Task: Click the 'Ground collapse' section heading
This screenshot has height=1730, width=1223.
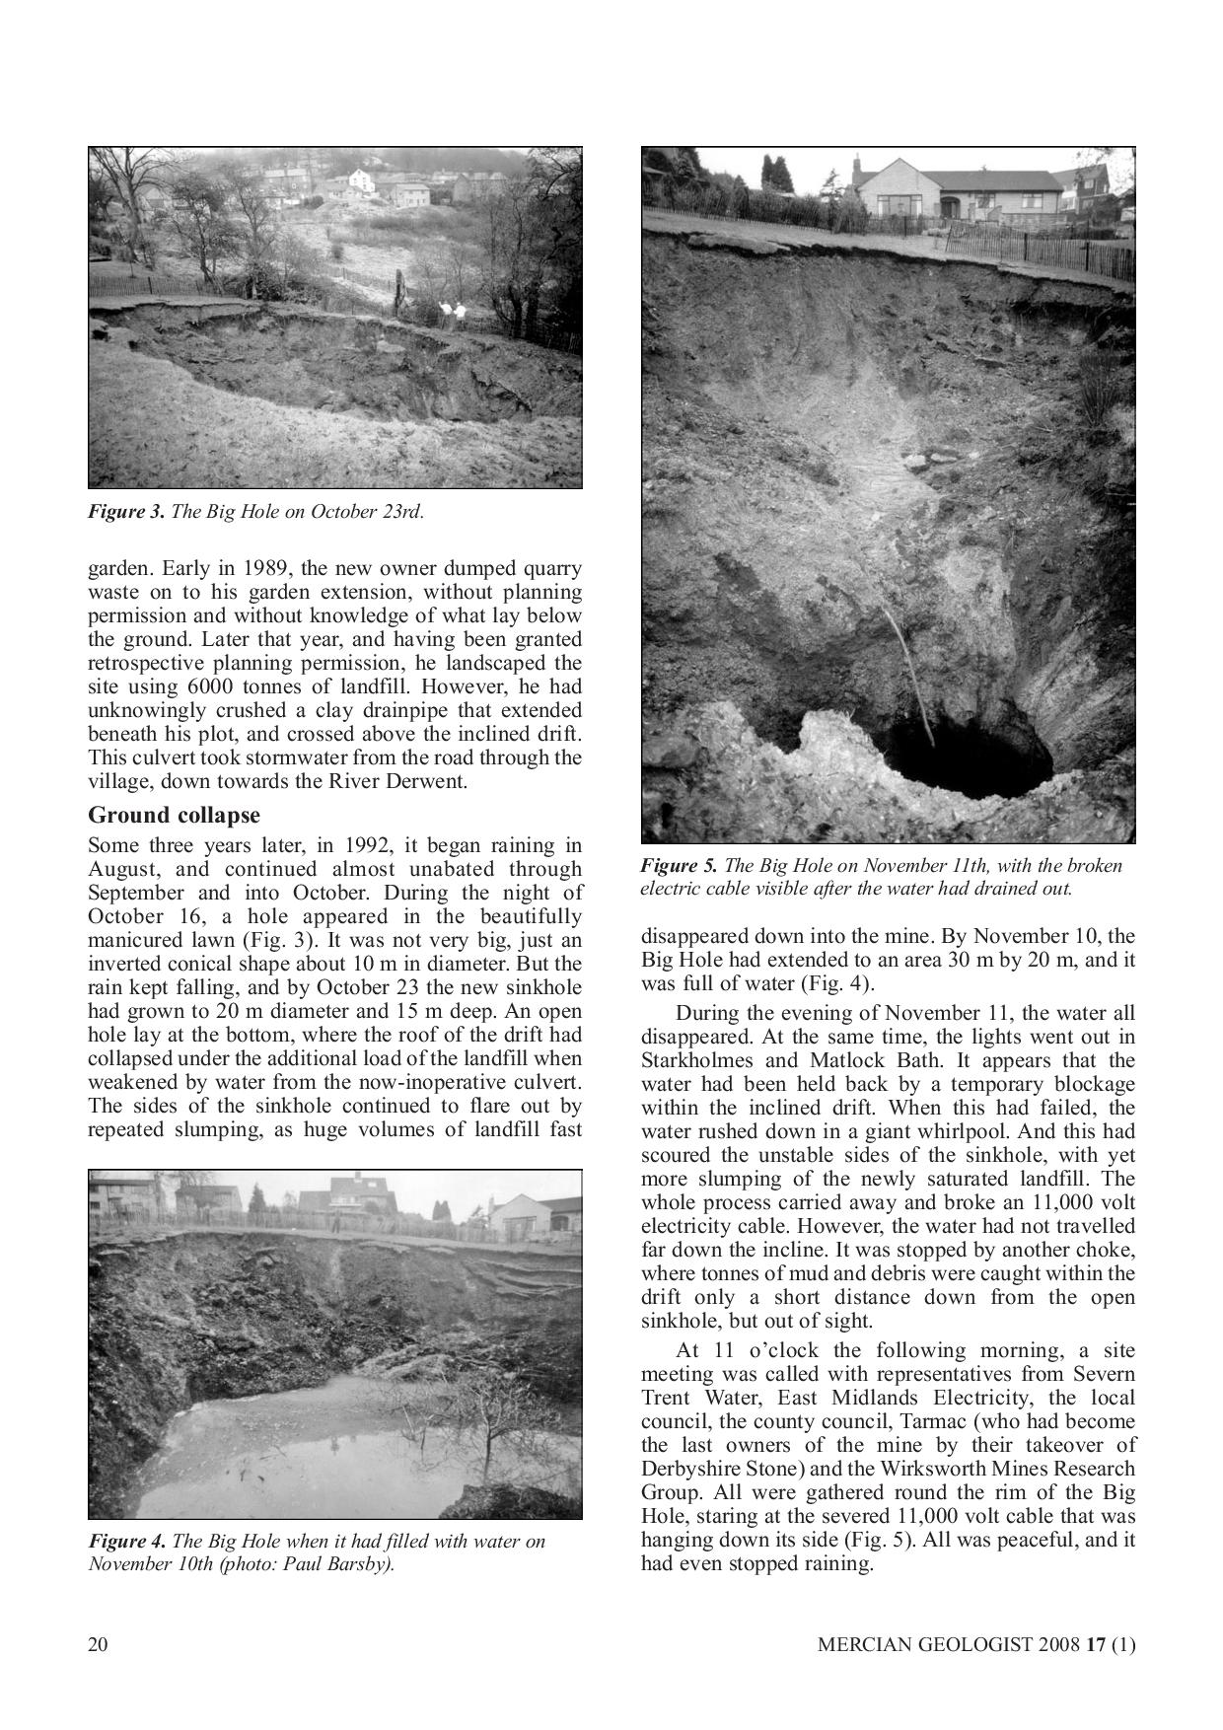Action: tap(174, 816)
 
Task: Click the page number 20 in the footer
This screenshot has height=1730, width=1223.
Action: tap(99, 1643)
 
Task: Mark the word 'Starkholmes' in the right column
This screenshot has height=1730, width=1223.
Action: tap(690, 1060)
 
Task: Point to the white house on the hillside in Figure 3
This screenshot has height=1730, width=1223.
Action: tap(362, 181)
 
